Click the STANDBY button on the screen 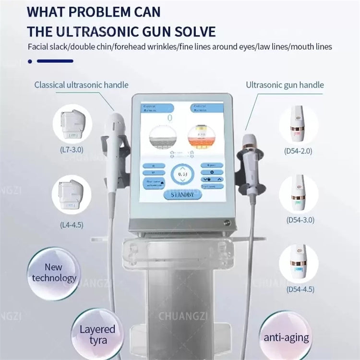point(182,194)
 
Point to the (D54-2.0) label point(299,151)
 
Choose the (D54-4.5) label point(299,289)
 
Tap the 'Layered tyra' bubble point(97,335)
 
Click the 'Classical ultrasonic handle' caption point(81,85)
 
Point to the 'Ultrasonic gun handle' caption point(285,85)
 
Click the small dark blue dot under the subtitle point(30,61)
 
